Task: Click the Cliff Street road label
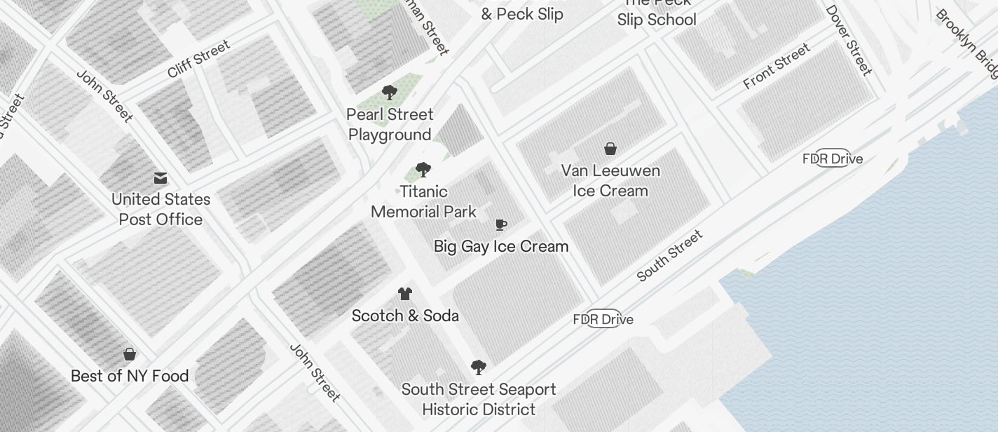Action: (198, 59)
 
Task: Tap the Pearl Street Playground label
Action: (390, 124)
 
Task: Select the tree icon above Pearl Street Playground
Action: (390, 93)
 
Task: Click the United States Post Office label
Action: (160, 209)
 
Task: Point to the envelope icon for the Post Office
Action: (160, 178)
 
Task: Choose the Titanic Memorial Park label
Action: (423, 201)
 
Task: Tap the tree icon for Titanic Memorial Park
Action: (423, 170)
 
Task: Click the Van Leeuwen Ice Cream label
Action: (610, 180)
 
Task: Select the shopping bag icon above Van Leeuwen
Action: (610, 149)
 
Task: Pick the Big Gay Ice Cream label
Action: (501, 246)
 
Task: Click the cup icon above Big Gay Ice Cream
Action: (501, 225)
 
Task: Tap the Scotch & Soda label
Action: (405, 316)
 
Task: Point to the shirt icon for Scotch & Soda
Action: (405, 294)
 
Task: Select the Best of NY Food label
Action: (130, 376)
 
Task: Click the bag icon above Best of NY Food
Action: (130, 354)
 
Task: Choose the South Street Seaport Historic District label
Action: (479, 399)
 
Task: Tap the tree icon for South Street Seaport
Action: (479, 367)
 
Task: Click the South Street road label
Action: (669, 256)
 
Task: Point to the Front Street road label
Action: (777, 66)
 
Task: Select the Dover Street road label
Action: (849, 41)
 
